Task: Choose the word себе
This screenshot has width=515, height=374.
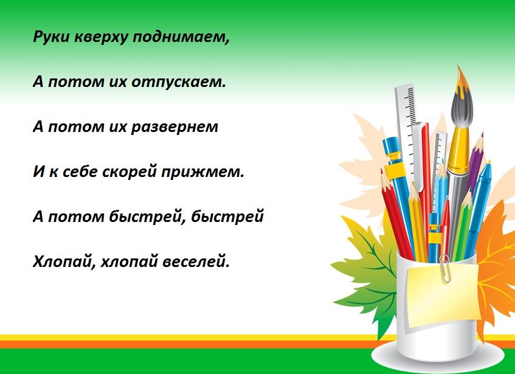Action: tap(77, 173)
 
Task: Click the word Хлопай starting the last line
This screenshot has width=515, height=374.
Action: tap(63, 263)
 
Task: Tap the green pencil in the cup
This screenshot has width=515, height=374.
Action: tap(462, 225)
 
